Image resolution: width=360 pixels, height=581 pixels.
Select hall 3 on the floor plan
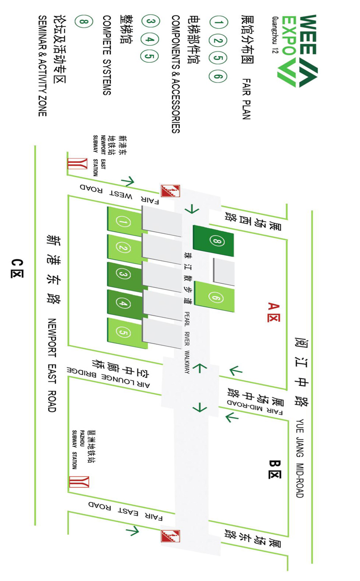124,275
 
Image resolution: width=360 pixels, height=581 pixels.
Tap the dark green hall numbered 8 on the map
216,241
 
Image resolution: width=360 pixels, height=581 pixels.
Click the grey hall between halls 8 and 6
224,271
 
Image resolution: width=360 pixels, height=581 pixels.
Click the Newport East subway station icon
74,164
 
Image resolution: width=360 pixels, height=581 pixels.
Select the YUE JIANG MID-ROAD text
300,458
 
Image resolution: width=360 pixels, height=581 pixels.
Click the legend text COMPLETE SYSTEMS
107,55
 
